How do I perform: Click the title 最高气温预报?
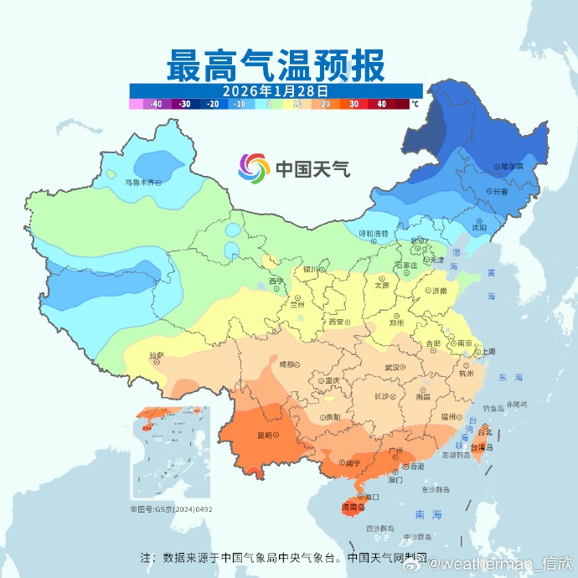pos(276,65)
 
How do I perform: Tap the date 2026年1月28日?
pos(276,90)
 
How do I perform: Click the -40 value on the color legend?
pos(155,105)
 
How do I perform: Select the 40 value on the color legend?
pos(381,105)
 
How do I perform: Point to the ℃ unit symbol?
pos(414,105)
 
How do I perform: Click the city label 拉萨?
pos(156,355)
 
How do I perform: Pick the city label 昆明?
pos(266,436)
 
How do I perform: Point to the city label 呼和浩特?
pos(373,233)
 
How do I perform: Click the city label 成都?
pos(287,364)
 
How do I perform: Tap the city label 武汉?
pos(392,367)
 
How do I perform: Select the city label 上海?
pos(486,351)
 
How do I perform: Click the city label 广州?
pos(398,451)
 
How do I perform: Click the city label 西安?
pos(337,321)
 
